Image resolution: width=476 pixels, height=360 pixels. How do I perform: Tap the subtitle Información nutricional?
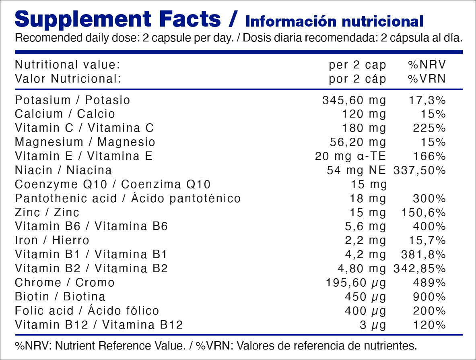(334, 21)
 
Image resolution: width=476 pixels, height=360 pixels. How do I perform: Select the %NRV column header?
(427, 65)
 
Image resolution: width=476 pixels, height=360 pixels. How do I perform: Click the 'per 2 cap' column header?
(357, 65)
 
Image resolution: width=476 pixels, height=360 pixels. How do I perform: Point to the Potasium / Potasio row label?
(72, 100)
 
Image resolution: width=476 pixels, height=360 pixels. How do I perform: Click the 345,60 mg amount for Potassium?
(354, 100)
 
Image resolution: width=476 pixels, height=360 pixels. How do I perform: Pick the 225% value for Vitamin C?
(429, 128)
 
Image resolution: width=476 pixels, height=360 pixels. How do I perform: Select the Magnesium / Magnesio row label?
(85, 142)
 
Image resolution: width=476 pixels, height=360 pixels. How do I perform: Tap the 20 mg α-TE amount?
(350, 156)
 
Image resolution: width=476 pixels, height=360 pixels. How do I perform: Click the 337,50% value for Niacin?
(419, 170)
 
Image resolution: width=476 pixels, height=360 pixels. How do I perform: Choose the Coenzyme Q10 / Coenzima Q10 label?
(113, 184)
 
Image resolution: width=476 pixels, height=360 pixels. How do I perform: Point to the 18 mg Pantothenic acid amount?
(368, 199)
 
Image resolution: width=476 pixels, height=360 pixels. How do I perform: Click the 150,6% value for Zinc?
(424, 212)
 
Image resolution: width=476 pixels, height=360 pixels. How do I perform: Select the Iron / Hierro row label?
(52, 240)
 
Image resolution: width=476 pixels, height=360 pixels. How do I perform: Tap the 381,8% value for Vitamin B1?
(424, 254)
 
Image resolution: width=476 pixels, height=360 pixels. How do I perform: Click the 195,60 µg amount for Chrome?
(356, 283)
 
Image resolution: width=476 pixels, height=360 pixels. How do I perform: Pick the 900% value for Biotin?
(429, 297)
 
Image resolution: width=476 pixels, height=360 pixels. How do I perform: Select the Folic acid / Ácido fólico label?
(87, 311)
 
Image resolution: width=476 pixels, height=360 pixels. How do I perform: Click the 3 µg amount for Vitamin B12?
(373, 325)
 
